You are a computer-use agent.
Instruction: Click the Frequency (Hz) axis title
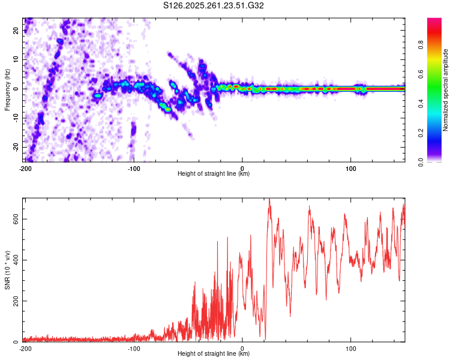click(x=7, y=90)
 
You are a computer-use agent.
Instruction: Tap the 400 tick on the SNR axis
click(x=14, y=260)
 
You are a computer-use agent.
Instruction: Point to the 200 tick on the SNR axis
click(x=14, y=301)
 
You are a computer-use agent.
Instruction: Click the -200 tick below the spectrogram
click(x=25, y=168)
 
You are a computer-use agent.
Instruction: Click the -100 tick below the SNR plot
click(x=133, y=348)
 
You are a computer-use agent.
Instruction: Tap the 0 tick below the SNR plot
click(x=242, y=348)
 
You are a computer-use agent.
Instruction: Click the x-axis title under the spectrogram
click(x=214, y=174)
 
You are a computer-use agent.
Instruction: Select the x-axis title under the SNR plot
click(x=214, y=354)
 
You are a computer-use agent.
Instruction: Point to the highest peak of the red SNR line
click(x=269, y=199)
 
